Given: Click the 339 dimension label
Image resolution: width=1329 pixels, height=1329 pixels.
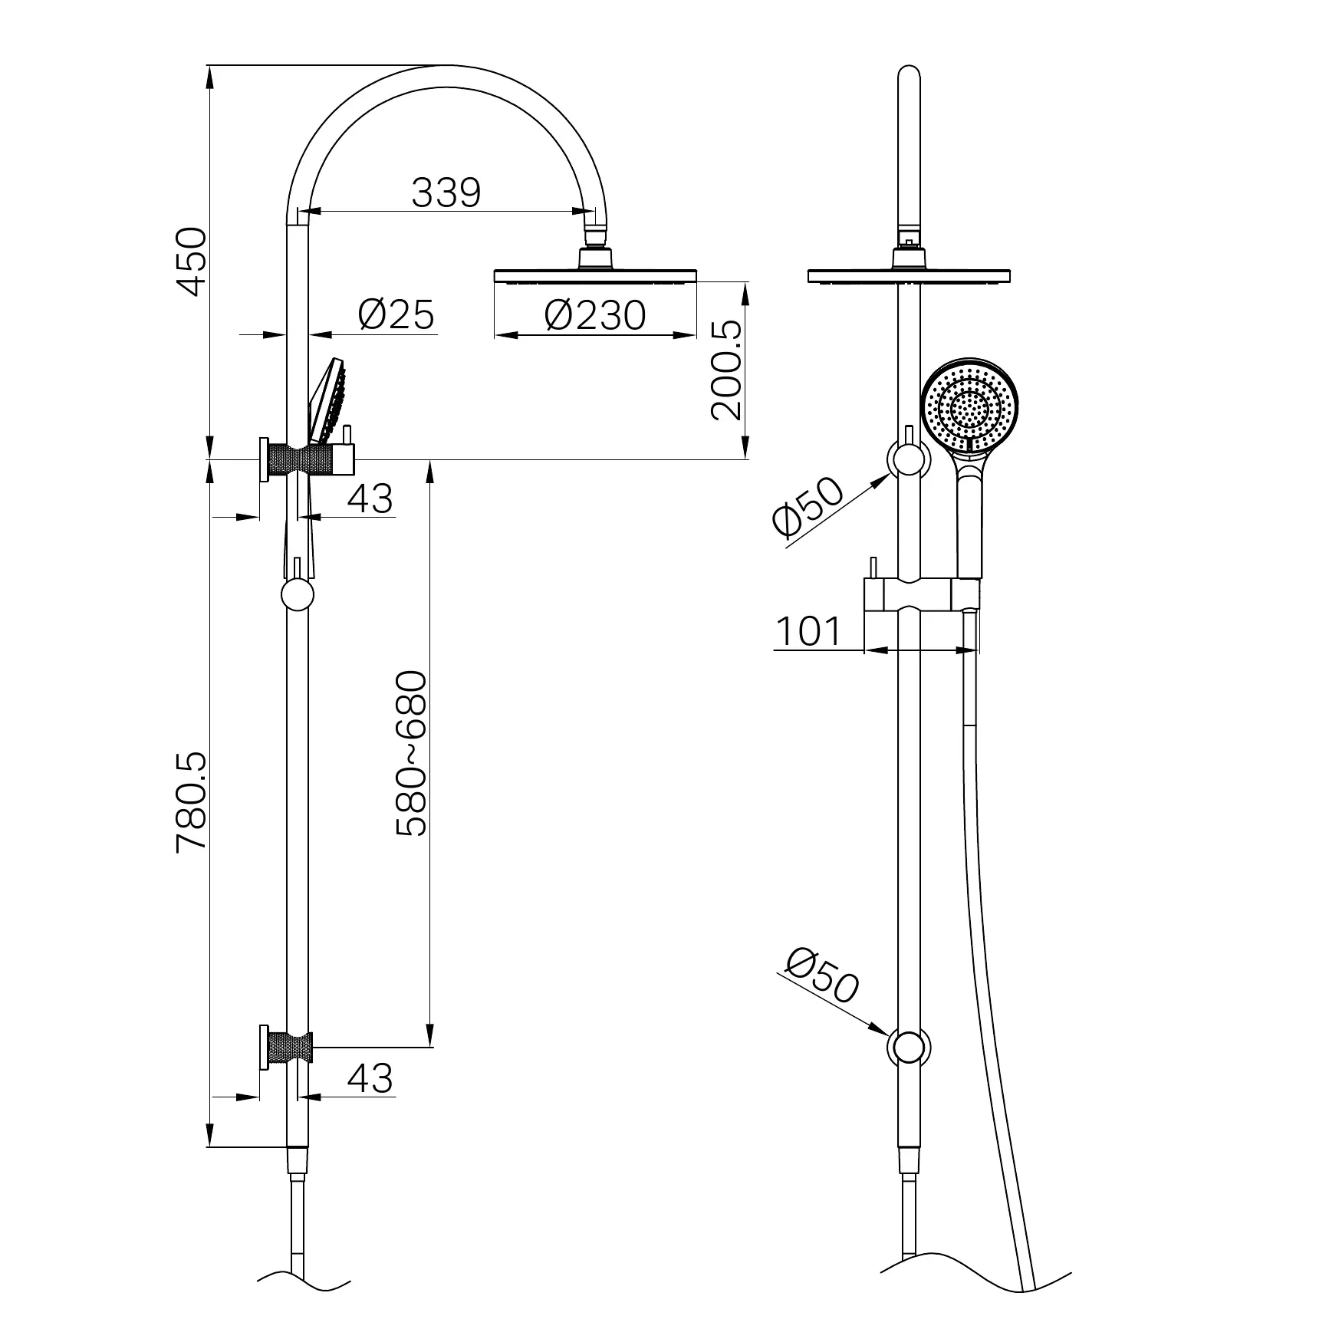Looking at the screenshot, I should pyautogui.click(x=446, y=192).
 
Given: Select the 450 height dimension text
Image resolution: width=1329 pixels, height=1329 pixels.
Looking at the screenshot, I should pyautogui.click(x=191, y=261).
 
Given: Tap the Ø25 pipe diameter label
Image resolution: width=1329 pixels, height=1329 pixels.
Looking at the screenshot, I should pyautogui.click(x=396, y=314).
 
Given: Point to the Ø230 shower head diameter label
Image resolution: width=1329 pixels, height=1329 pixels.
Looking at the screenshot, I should pyautogui.click(x=595, y=315).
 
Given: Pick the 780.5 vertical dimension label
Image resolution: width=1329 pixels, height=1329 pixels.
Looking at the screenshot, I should pyautogui.click(x=191, y=801).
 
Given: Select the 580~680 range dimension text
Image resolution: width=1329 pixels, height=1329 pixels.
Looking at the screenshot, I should pyautogui.click(x=411, y=753).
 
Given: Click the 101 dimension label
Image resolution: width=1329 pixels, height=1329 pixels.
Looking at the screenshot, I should pyautogui.click(x=808, y=632).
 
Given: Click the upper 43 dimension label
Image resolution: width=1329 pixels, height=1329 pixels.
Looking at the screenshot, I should pyautogui.click(x=370, y=498).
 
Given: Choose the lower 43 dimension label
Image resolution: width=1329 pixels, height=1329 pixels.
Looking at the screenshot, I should pyautogui.click(x=370, y=1078).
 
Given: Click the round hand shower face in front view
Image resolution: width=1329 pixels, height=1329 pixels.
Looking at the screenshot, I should pyautogui.click(x=971, y=406).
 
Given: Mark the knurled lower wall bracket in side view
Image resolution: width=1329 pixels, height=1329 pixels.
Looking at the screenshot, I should pyautogui.click(x=289, y=1048).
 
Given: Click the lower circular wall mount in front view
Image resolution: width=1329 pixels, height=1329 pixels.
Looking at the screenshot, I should pyautogui.click(x=908, y=1048).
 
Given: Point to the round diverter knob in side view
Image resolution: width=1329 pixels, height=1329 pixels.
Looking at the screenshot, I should pyautogui.click(x=297, y=595).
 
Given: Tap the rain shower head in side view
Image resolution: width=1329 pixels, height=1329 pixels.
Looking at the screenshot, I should pyautogui.click(x=596, y=275).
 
